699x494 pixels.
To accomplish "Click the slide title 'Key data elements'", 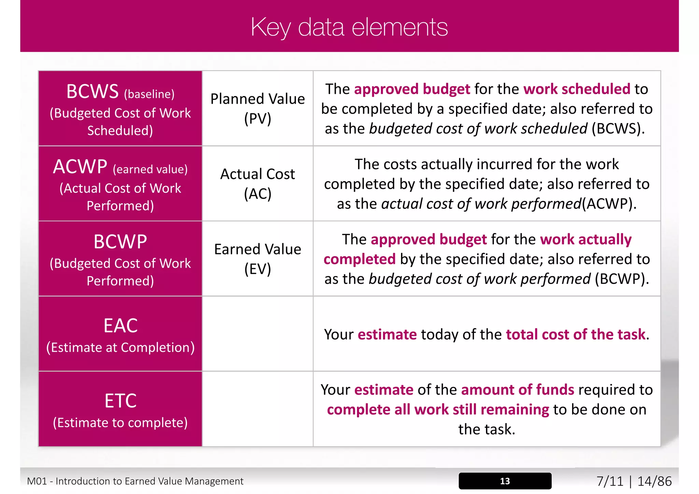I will (x=349, y=27).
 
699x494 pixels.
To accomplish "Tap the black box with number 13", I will (x=505, y=481).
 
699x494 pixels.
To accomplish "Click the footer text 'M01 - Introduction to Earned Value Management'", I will (x=135, y=481).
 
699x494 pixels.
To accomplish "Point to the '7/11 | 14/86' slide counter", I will (x=634, y=481).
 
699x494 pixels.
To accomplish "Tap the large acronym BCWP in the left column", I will (x=120, y=242).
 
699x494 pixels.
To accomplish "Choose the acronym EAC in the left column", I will (x=120, y=325).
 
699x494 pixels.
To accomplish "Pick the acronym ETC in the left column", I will (x=120, y=401).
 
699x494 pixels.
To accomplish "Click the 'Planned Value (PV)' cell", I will (x=258, y=108).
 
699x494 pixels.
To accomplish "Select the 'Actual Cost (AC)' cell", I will (x=258, y=184).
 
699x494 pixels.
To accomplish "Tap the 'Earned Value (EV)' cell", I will (x=258, y=259).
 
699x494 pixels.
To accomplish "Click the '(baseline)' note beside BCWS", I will (x=149, y=94).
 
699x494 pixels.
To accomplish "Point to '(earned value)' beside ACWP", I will (x=150, y=169).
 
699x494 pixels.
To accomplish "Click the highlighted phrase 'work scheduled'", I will (x=576, y=89).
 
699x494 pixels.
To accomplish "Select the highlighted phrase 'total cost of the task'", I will (x=575, y=334).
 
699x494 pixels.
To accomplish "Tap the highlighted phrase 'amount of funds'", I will (x=517, y=390).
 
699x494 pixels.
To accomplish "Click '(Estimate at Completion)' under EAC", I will (x=120, y=347).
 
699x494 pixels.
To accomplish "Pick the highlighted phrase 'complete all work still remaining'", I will (x=438, y=409).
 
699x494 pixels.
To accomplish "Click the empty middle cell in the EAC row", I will (x=258, y=334).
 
